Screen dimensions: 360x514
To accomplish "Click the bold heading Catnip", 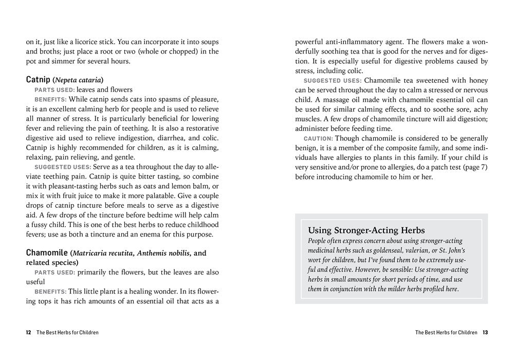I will (x=38, y=80).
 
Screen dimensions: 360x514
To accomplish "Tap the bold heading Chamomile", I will (x=47, y=253).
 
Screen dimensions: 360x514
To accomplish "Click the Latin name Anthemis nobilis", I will (x=163, y=253).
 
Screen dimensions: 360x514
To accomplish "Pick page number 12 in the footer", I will (x=29, y=333).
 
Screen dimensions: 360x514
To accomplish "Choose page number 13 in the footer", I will (x=485, y=333).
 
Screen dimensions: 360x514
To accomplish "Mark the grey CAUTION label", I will (x=318, y=139).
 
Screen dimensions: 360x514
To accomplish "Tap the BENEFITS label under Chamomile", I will (x=50, y=292).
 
